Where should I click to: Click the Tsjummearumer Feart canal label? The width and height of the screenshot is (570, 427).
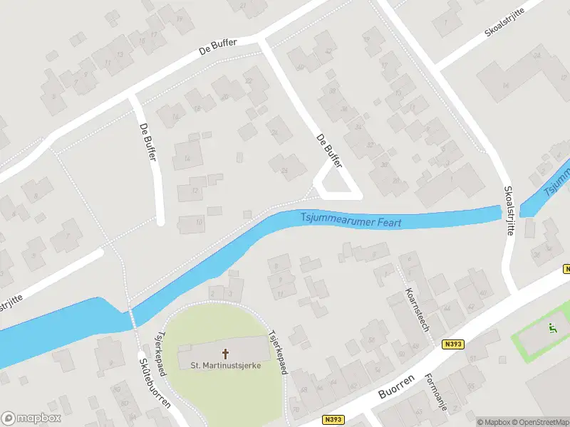point(351,221)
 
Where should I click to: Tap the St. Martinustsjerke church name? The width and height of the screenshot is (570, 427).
point(225,366)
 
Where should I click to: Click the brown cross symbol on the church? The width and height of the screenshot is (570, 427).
point(226,353)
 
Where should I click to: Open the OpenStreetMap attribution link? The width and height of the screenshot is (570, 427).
point(539,422)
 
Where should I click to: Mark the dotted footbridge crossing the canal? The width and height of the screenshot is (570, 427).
point(131,317)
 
